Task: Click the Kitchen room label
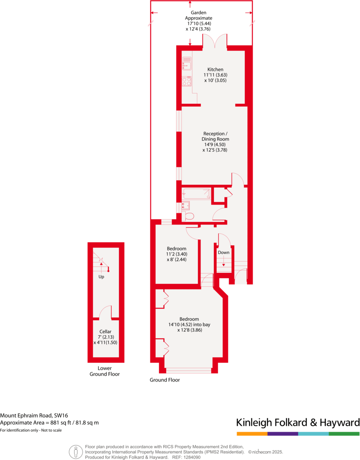pos(215,69)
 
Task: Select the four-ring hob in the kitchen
pos(187,81)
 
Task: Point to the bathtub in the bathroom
pos(196,194)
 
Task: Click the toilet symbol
pos(189,216)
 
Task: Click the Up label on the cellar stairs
pos(101,277)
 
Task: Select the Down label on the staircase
pos(223,253)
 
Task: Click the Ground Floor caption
pos(165,380)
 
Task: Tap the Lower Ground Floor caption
pos(104,371)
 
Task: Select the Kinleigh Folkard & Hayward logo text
pos(298,422)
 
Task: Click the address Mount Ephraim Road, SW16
pos(34,415)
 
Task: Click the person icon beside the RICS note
pos(76,452)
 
